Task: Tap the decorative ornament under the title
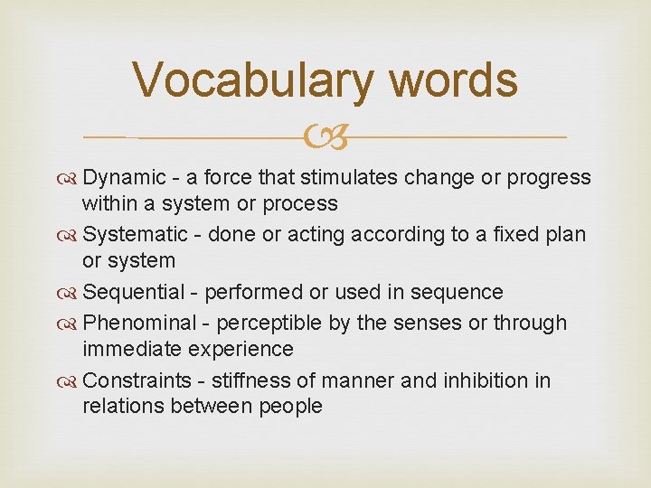(x=325, y=138)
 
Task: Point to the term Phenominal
(x=135, y=323)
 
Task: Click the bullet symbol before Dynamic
(x=71, y=178)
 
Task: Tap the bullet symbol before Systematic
(x=71, y=235)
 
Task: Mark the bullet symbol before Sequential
(x=71, y=293)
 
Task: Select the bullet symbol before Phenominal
(x=71, y=324)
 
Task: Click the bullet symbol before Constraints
(x=71, y=380)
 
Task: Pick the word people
(x=289, y=407)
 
